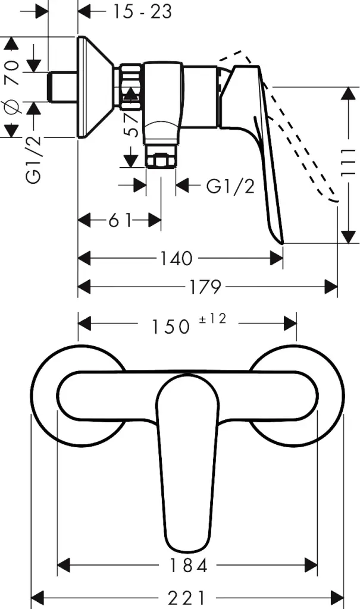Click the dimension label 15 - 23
(142, 12)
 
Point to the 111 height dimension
(348, 162)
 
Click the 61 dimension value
(120, 221)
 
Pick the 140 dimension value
(176, 258)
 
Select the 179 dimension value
(205, 287)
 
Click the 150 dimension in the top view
(170, 327)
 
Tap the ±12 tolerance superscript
(212, 319)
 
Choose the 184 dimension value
(188, 566)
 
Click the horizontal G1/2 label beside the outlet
(230, 186)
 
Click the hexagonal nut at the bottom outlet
(161, 161)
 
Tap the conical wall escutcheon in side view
(96, 87)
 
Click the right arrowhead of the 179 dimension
(331, 287)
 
